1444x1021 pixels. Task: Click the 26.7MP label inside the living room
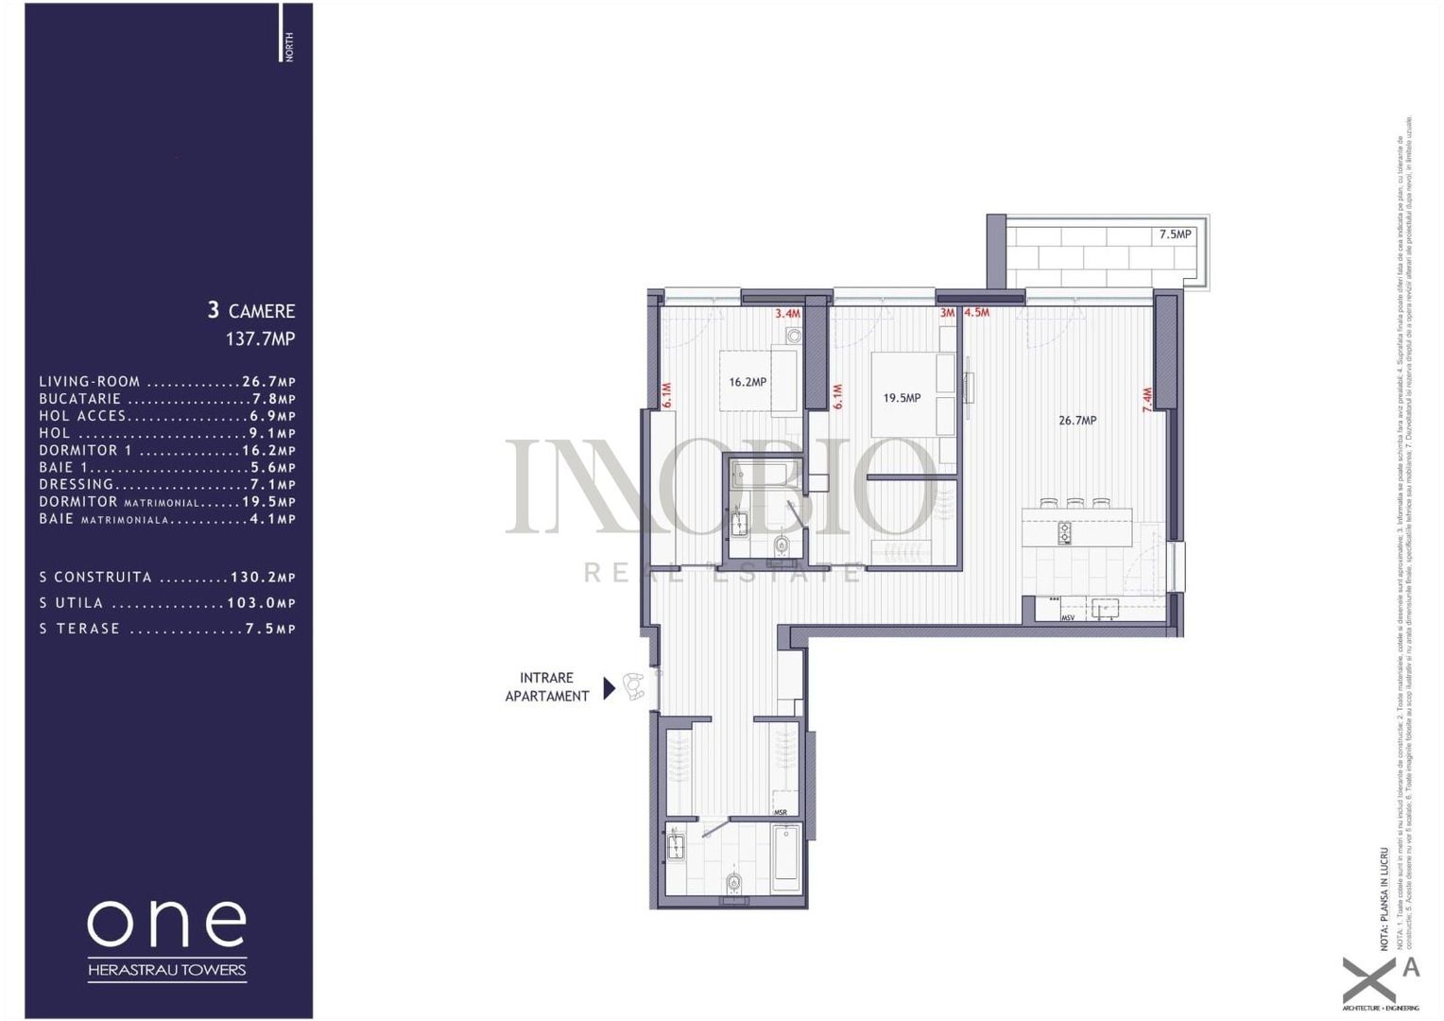(x=1077, y=421)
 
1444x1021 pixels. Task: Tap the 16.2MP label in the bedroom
(x=748, y=383)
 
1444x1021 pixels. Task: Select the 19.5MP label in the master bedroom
(x=902, y=398)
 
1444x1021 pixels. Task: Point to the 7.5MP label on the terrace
(x=1175, y=234)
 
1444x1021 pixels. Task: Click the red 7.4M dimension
(x=1147, y=400)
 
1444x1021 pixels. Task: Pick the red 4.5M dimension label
(x=976, y=313)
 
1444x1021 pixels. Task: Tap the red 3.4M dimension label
(x=787, y=314)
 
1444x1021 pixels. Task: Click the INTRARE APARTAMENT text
(x=547, y=687)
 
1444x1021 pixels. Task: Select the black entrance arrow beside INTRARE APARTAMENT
(x=610, y=687)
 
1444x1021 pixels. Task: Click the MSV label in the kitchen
(x=1068, y=617)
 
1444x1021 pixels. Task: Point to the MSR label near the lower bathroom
(x=781, y=812)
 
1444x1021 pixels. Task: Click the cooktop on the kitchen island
(x=1064, y=533)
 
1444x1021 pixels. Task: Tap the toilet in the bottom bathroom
(x=734, y=884)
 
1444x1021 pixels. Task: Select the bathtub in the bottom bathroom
(x=785, y=858)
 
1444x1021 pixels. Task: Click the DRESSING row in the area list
(x=167, y=485)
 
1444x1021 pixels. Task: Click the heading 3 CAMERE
(x=251, y=310)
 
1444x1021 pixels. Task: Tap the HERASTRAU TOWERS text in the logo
(x=167, y=969)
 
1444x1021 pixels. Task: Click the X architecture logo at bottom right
(x=1370, y=979)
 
